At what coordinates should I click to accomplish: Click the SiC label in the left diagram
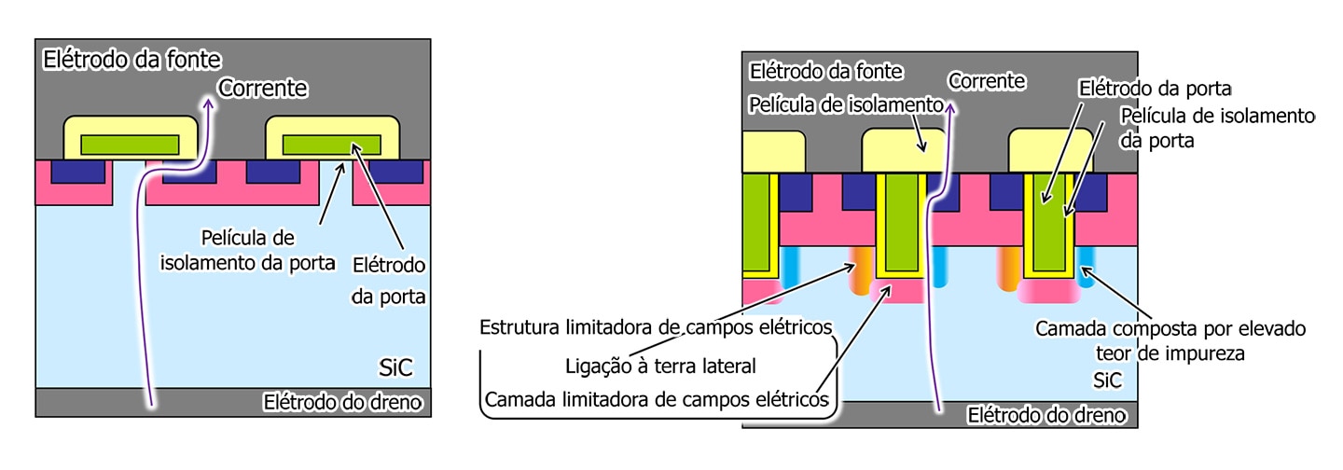(395, 367)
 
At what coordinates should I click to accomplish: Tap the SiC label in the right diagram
(1107, 380)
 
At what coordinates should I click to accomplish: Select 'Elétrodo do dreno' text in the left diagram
(343, 402)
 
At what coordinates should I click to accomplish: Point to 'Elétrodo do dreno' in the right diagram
(1046, 415)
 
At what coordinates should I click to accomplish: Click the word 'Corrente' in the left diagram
(263, 88)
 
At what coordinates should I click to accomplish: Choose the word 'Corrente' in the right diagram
(987, 81)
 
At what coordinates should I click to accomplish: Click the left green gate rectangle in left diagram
(131, 145)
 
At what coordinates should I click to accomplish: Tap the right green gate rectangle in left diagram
(332, 145)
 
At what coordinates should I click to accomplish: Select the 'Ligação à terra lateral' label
(660, 366)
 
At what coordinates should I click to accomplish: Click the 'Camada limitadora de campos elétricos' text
(657, 399)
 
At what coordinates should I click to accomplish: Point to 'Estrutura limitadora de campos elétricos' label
(656, 327)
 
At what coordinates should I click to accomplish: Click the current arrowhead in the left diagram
(208, 104)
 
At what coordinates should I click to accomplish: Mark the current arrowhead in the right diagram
(949, 108)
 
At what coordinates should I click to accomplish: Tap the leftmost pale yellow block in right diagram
(774, 152)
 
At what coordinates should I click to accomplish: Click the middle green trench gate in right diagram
(901, 222)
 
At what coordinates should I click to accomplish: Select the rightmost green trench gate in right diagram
(1048, 222)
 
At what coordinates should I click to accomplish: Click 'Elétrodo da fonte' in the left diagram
(132, 60)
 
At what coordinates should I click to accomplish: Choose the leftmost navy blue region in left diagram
(77, 172)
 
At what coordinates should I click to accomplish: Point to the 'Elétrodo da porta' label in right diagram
(1155, 89)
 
